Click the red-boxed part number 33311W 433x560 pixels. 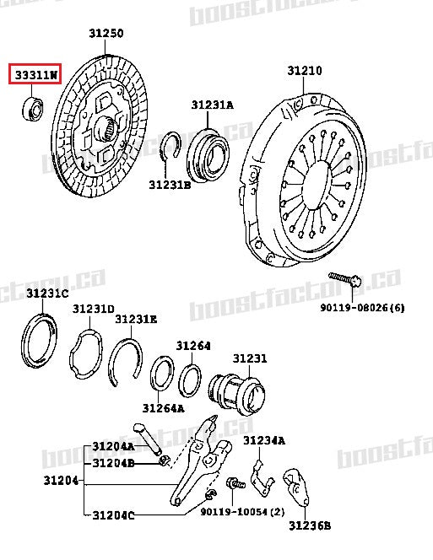(35, 74)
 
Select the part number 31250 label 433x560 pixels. (106, 35)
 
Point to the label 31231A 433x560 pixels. (212, 105)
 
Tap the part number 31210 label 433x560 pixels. (304, 71)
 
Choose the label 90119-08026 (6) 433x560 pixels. (361, 308)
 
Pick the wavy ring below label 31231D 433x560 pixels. (88, 359)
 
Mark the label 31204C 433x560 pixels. (113, 515)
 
